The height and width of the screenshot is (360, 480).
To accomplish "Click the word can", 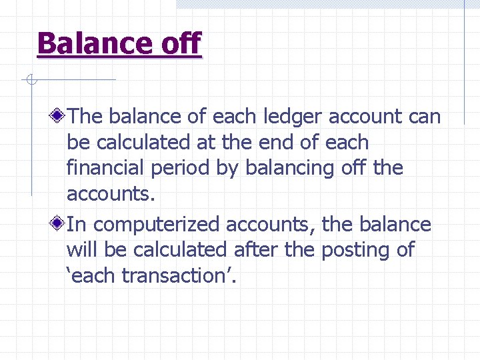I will pyautogui.click(x=424, y=117).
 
